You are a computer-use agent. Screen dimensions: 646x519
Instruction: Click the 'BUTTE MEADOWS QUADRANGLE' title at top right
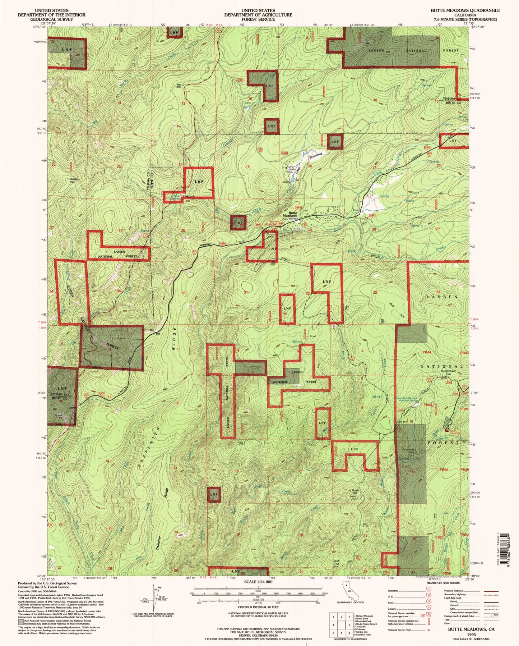click(465, 10)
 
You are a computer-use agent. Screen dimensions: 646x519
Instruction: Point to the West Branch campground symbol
click(446, 430)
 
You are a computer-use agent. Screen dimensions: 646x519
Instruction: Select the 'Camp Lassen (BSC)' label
click(291, 169)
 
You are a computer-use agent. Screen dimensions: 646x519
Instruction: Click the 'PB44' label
click(427, 353)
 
